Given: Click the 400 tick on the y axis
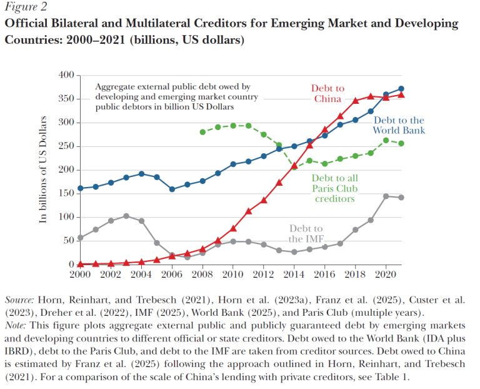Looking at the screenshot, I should [x=66, y=75].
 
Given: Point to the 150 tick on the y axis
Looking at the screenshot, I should [x=66, y=194].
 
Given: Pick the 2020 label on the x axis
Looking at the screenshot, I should [x=384, y=275].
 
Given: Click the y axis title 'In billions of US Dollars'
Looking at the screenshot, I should [x=43, y=169].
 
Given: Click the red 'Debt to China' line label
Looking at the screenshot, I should [x=327, y=94].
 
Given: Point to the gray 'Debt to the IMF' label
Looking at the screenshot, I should [x=306, y=233].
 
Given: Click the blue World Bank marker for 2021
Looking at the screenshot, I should [x=401, y=89].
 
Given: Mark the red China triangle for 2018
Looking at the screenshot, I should [x=356, y=100].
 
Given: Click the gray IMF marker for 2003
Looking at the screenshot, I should [x=126, y=216].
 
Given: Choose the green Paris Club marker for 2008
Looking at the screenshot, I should [x=202, y=132].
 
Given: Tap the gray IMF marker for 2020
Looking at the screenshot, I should [x=385, y=196].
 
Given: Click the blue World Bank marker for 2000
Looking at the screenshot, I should [x=80, y=188].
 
